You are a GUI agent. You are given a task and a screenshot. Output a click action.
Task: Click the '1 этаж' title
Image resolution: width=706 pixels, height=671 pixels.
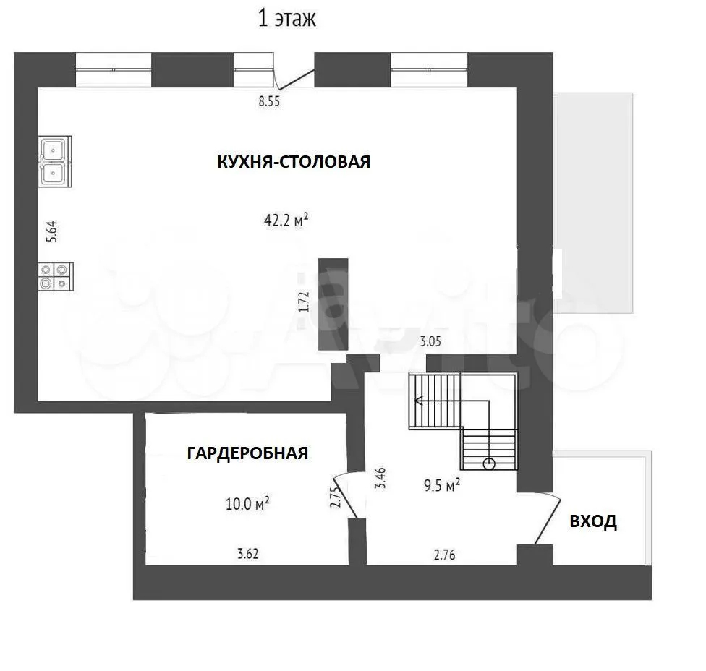point(286,19)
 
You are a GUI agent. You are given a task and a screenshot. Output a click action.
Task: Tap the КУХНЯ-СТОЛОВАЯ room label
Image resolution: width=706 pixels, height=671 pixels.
point(294,161)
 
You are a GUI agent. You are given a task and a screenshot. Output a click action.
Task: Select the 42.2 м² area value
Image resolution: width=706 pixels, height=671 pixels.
point(286,220)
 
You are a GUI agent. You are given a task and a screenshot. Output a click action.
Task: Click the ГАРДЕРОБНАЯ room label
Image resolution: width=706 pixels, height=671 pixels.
point(247,453)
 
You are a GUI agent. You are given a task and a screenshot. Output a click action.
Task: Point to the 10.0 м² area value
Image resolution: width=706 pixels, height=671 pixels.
point(247,503)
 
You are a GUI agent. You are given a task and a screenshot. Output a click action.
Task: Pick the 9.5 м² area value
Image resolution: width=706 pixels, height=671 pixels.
point(442,484)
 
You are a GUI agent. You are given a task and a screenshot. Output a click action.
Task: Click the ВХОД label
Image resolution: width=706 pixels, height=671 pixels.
point(593,521)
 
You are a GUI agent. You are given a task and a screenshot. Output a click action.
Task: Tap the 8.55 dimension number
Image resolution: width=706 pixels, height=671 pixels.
point(269,101)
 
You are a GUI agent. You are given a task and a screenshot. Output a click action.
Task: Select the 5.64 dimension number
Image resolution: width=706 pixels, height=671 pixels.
point(52,232)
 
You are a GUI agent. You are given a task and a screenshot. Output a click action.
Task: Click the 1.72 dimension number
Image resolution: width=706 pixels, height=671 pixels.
point(304,302)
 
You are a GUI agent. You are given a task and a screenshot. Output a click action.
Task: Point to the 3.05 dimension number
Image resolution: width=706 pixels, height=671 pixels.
point(430,341)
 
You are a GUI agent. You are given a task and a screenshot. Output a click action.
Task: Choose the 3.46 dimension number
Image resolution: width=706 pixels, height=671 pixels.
point(381,478)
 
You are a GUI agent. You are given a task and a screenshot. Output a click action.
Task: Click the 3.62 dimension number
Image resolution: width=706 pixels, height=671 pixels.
point(247,554)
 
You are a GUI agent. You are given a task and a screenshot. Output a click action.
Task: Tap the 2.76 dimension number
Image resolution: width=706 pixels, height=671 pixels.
point(444,555)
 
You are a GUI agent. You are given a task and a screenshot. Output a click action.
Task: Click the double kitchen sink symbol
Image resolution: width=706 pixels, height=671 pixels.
point(54,161)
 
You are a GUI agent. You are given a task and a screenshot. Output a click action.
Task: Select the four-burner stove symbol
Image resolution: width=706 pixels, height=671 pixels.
point(56,276)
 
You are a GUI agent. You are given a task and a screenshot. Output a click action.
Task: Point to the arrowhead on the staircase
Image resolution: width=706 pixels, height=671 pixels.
point(419,400)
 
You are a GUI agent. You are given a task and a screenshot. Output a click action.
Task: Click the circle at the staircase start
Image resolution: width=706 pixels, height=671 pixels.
point(489,463)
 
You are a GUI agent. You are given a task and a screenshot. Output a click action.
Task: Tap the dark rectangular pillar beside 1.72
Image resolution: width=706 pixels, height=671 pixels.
point(333,304)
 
